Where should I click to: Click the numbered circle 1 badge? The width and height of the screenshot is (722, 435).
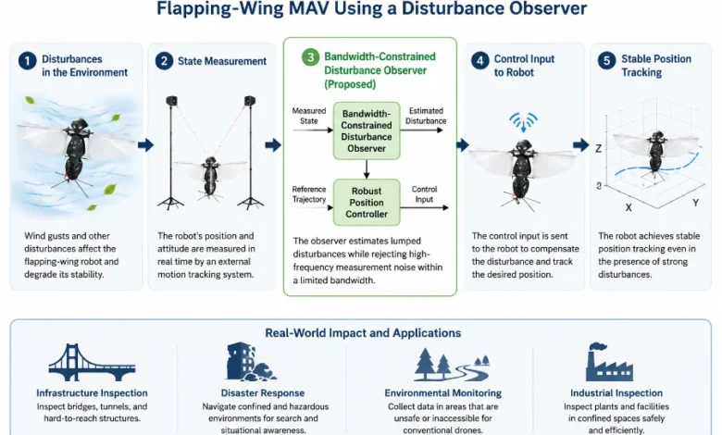pos(28,61)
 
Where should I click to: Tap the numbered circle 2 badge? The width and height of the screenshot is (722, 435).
pos(164,61)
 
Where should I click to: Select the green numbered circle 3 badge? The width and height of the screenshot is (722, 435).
pos(310,57)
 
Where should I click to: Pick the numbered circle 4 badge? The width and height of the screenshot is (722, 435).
pos(479,61)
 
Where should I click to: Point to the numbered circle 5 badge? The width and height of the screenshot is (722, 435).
pos(606,61)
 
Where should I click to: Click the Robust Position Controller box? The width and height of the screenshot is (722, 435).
pos(367,203)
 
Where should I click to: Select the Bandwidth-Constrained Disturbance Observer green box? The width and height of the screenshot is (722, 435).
pos(367,131)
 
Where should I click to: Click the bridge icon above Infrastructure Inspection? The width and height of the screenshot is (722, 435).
pos(92,362)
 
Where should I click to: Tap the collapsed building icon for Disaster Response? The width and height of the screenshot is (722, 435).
pos(251,362)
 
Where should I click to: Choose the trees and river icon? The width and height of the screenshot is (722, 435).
pos(452,364)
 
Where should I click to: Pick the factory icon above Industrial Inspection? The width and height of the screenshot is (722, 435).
pos(609,362)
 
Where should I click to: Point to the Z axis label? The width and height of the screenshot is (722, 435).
pos(599,149)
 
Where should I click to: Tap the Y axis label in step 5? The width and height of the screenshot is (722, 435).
pos(695,203)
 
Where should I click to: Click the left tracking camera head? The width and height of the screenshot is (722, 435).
pos(171,100)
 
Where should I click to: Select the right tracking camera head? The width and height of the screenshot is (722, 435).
pos(250,100)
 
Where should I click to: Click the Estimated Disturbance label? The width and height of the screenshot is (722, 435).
pos(426,116)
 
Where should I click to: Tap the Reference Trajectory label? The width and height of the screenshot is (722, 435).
pos(309,194)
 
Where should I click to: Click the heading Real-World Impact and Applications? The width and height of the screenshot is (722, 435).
pos(363,333)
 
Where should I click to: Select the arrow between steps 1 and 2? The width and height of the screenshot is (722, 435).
pos(145,145)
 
